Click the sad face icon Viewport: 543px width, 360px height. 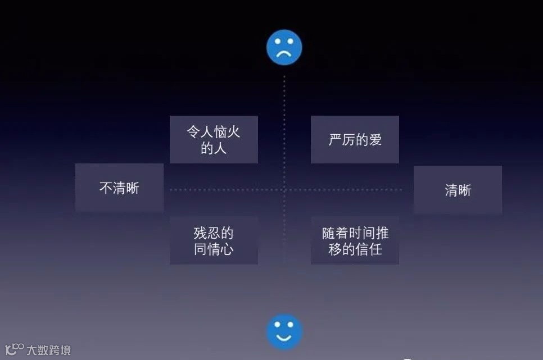click(x=284, y=48)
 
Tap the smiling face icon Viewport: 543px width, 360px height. click(x=284, y=331)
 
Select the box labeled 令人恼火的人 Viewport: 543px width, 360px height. click(x=214, y=140)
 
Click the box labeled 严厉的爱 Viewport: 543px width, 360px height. click(x=355, y=140)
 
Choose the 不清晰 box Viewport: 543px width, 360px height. click(x=119, y=188)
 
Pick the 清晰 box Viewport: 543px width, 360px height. click(x=458, y=190)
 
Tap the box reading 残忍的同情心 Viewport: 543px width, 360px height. click(x=214, y=241)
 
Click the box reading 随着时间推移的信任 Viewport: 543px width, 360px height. click(x=355, y=241)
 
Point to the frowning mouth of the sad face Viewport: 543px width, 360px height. click(x=284, y=54)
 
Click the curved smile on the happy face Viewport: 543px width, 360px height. click(x=284, y=338)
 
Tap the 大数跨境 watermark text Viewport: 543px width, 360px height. click(x=49, y=350)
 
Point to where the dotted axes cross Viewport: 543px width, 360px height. click(x=284, y=190)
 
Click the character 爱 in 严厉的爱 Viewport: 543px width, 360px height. click(x=375, y=140)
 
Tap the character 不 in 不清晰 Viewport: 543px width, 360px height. click(x=106, y=188)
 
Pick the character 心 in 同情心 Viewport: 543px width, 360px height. click(x=227, y=249)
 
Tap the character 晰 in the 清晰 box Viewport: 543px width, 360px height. click(x=464, y=190)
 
